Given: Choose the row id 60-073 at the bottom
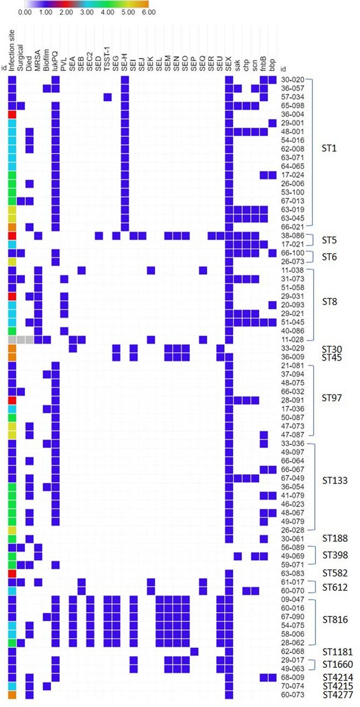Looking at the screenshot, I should (290, 695).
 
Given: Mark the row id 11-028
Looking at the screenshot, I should (290, 340).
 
